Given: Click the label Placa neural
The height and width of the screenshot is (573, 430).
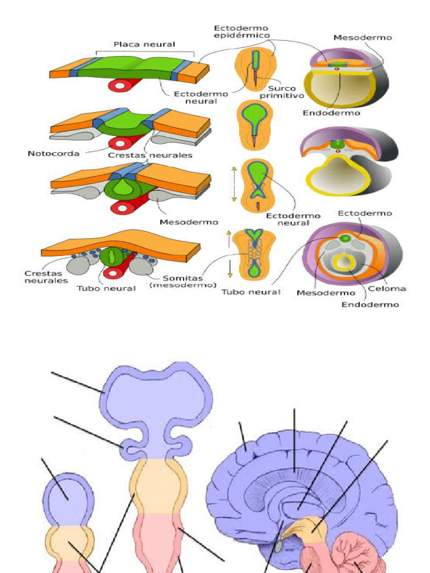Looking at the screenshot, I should (x=144, y=44).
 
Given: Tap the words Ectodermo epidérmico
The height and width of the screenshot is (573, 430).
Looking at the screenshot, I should (x=241, y=32).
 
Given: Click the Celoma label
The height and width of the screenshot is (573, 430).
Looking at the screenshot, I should (x=387, y=289).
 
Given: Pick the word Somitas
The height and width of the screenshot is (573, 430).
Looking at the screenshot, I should (x=183, y=278).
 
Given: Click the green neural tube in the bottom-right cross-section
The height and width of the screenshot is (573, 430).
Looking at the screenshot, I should (x=346, y=238).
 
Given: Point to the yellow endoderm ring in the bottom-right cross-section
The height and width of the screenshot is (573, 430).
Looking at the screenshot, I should (x=342, y=261).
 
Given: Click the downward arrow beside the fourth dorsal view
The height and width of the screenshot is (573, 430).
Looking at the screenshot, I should (x=229, y=269).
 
